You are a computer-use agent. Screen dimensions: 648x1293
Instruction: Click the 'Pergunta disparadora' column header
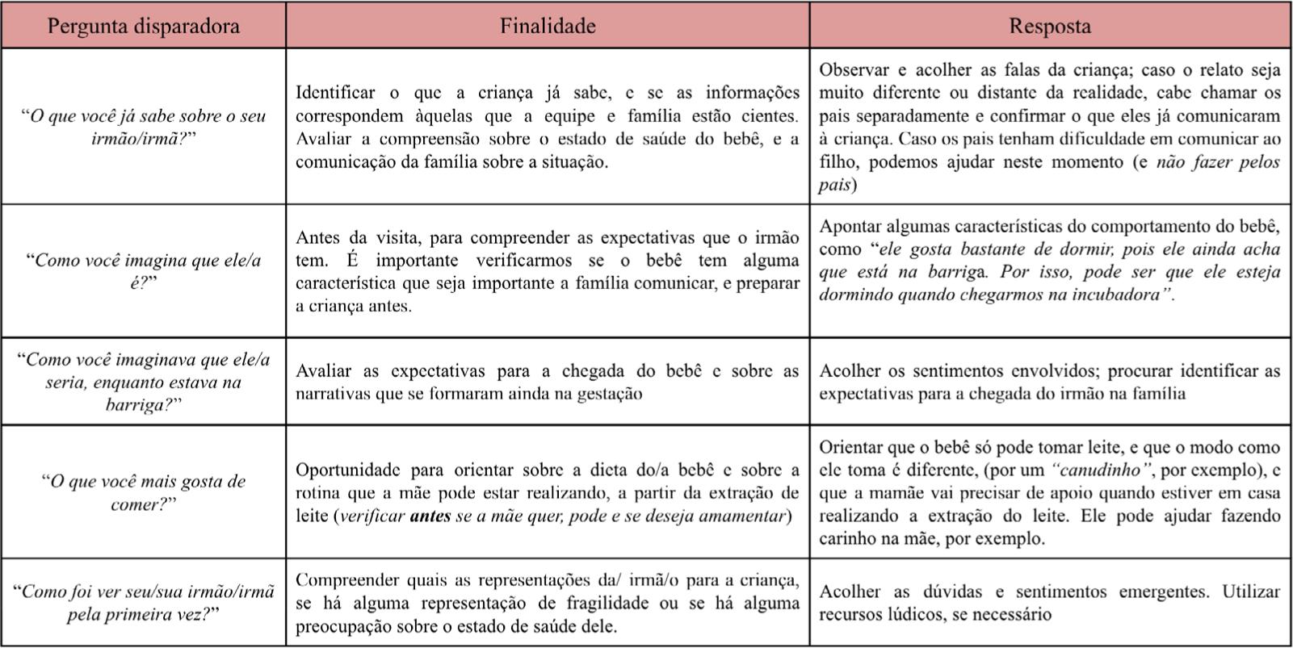pos(143,26)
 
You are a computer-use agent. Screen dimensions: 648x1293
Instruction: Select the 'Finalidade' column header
pos(548,26)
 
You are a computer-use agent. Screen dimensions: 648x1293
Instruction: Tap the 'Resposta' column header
pos(1049,26)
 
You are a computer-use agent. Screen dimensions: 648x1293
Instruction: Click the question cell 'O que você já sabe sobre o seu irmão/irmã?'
pos(143,127)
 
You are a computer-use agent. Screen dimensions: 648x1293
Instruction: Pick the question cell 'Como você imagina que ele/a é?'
pos(143,271)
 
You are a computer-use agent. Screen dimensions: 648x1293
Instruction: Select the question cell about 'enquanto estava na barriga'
pos(143,382)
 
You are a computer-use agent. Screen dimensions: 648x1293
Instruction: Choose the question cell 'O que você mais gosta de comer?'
pos(143,492)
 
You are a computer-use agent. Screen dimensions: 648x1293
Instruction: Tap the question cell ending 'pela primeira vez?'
pos(143,602)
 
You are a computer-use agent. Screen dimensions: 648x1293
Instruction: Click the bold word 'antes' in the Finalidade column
pos(430,516)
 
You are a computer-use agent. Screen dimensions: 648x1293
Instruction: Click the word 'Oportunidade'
pos(348,470)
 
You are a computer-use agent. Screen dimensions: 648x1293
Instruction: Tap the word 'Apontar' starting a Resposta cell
pos(850,226)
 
